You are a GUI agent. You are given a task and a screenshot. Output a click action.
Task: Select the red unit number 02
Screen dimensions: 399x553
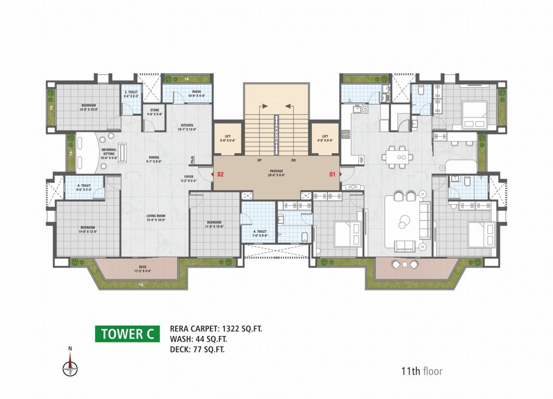click(x=220, y=175)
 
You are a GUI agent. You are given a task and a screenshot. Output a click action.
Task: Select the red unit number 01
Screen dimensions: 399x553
click(x=333, y=175)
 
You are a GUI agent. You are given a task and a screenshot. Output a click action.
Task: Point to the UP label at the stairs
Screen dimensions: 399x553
click(x=259, y=160)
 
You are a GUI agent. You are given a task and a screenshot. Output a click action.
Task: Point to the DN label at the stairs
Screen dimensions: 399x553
click(x=293, y=160)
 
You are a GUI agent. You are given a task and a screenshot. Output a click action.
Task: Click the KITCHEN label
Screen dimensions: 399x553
click(x=187, y=127)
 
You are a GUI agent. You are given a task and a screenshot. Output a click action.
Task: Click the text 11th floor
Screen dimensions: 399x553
click(x=421, y=371)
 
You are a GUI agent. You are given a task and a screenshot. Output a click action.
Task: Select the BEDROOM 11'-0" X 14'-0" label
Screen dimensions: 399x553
click(x=214, y=224)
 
